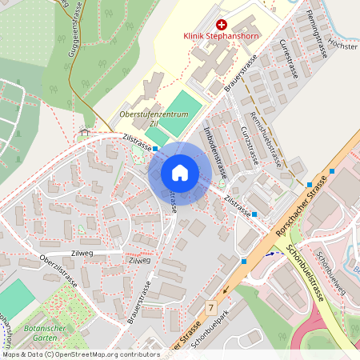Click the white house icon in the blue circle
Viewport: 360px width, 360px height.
pos(179,173)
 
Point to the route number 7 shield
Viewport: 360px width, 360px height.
pos(211,307)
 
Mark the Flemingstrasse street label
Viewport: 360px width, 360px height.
pos(318,37)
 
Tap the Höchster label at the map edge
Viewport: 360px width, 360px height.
pos(342,46)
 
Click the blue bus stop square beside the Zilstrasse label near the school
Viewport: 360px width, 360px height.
pos(156,147)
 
